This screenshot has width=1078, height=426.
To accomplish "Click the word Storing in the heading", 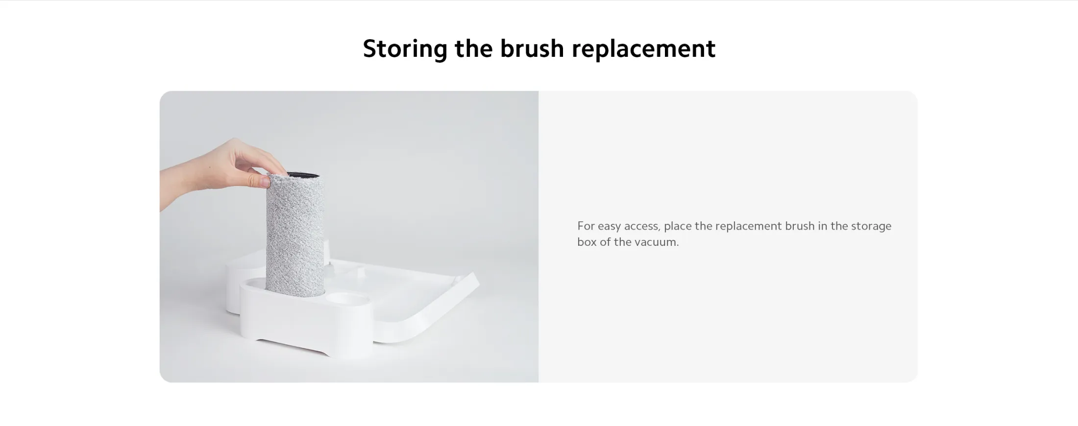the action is (x=405, y=49).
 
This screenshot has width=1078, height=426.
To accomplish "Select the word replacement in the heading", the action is (x=643, y=49).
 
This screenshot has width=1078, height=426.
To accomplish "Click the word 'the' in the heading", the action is (x=474, y=48).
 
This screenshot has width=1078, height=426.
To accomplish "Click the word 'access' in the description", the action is (x=642, y=227).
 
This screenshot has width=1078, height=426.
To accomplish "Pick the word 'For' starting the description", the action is (x=586, y=226).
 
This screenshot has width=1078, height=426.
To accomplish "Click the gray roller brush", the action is (x=295, y=235).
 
